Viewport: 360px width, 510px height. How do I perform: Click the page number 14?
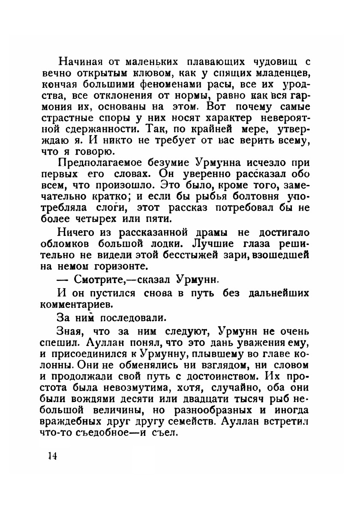coord(52,455)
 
